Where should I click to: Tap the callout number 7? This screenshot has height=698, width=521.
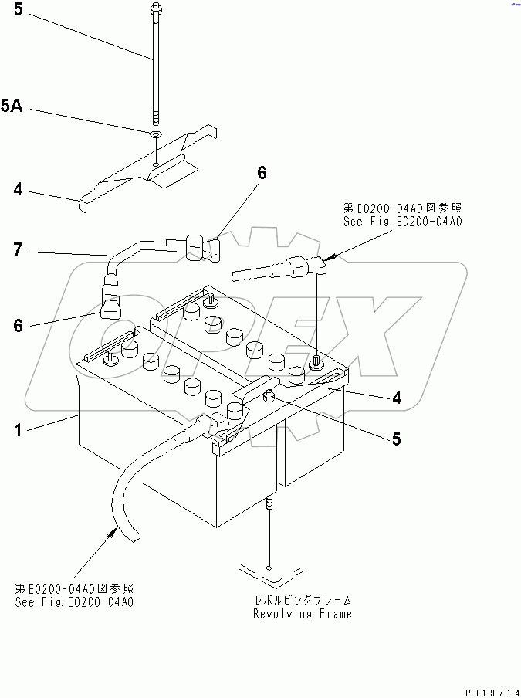(x=18, y=249)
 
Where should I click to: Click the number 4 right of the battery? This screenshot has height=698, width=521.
(x=396, y=398)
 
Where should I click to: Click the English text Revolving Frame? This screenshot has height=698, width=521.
(x=302, y=614)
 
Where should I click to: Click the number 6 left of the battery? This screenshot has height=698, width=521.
(x=18, y=326)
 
